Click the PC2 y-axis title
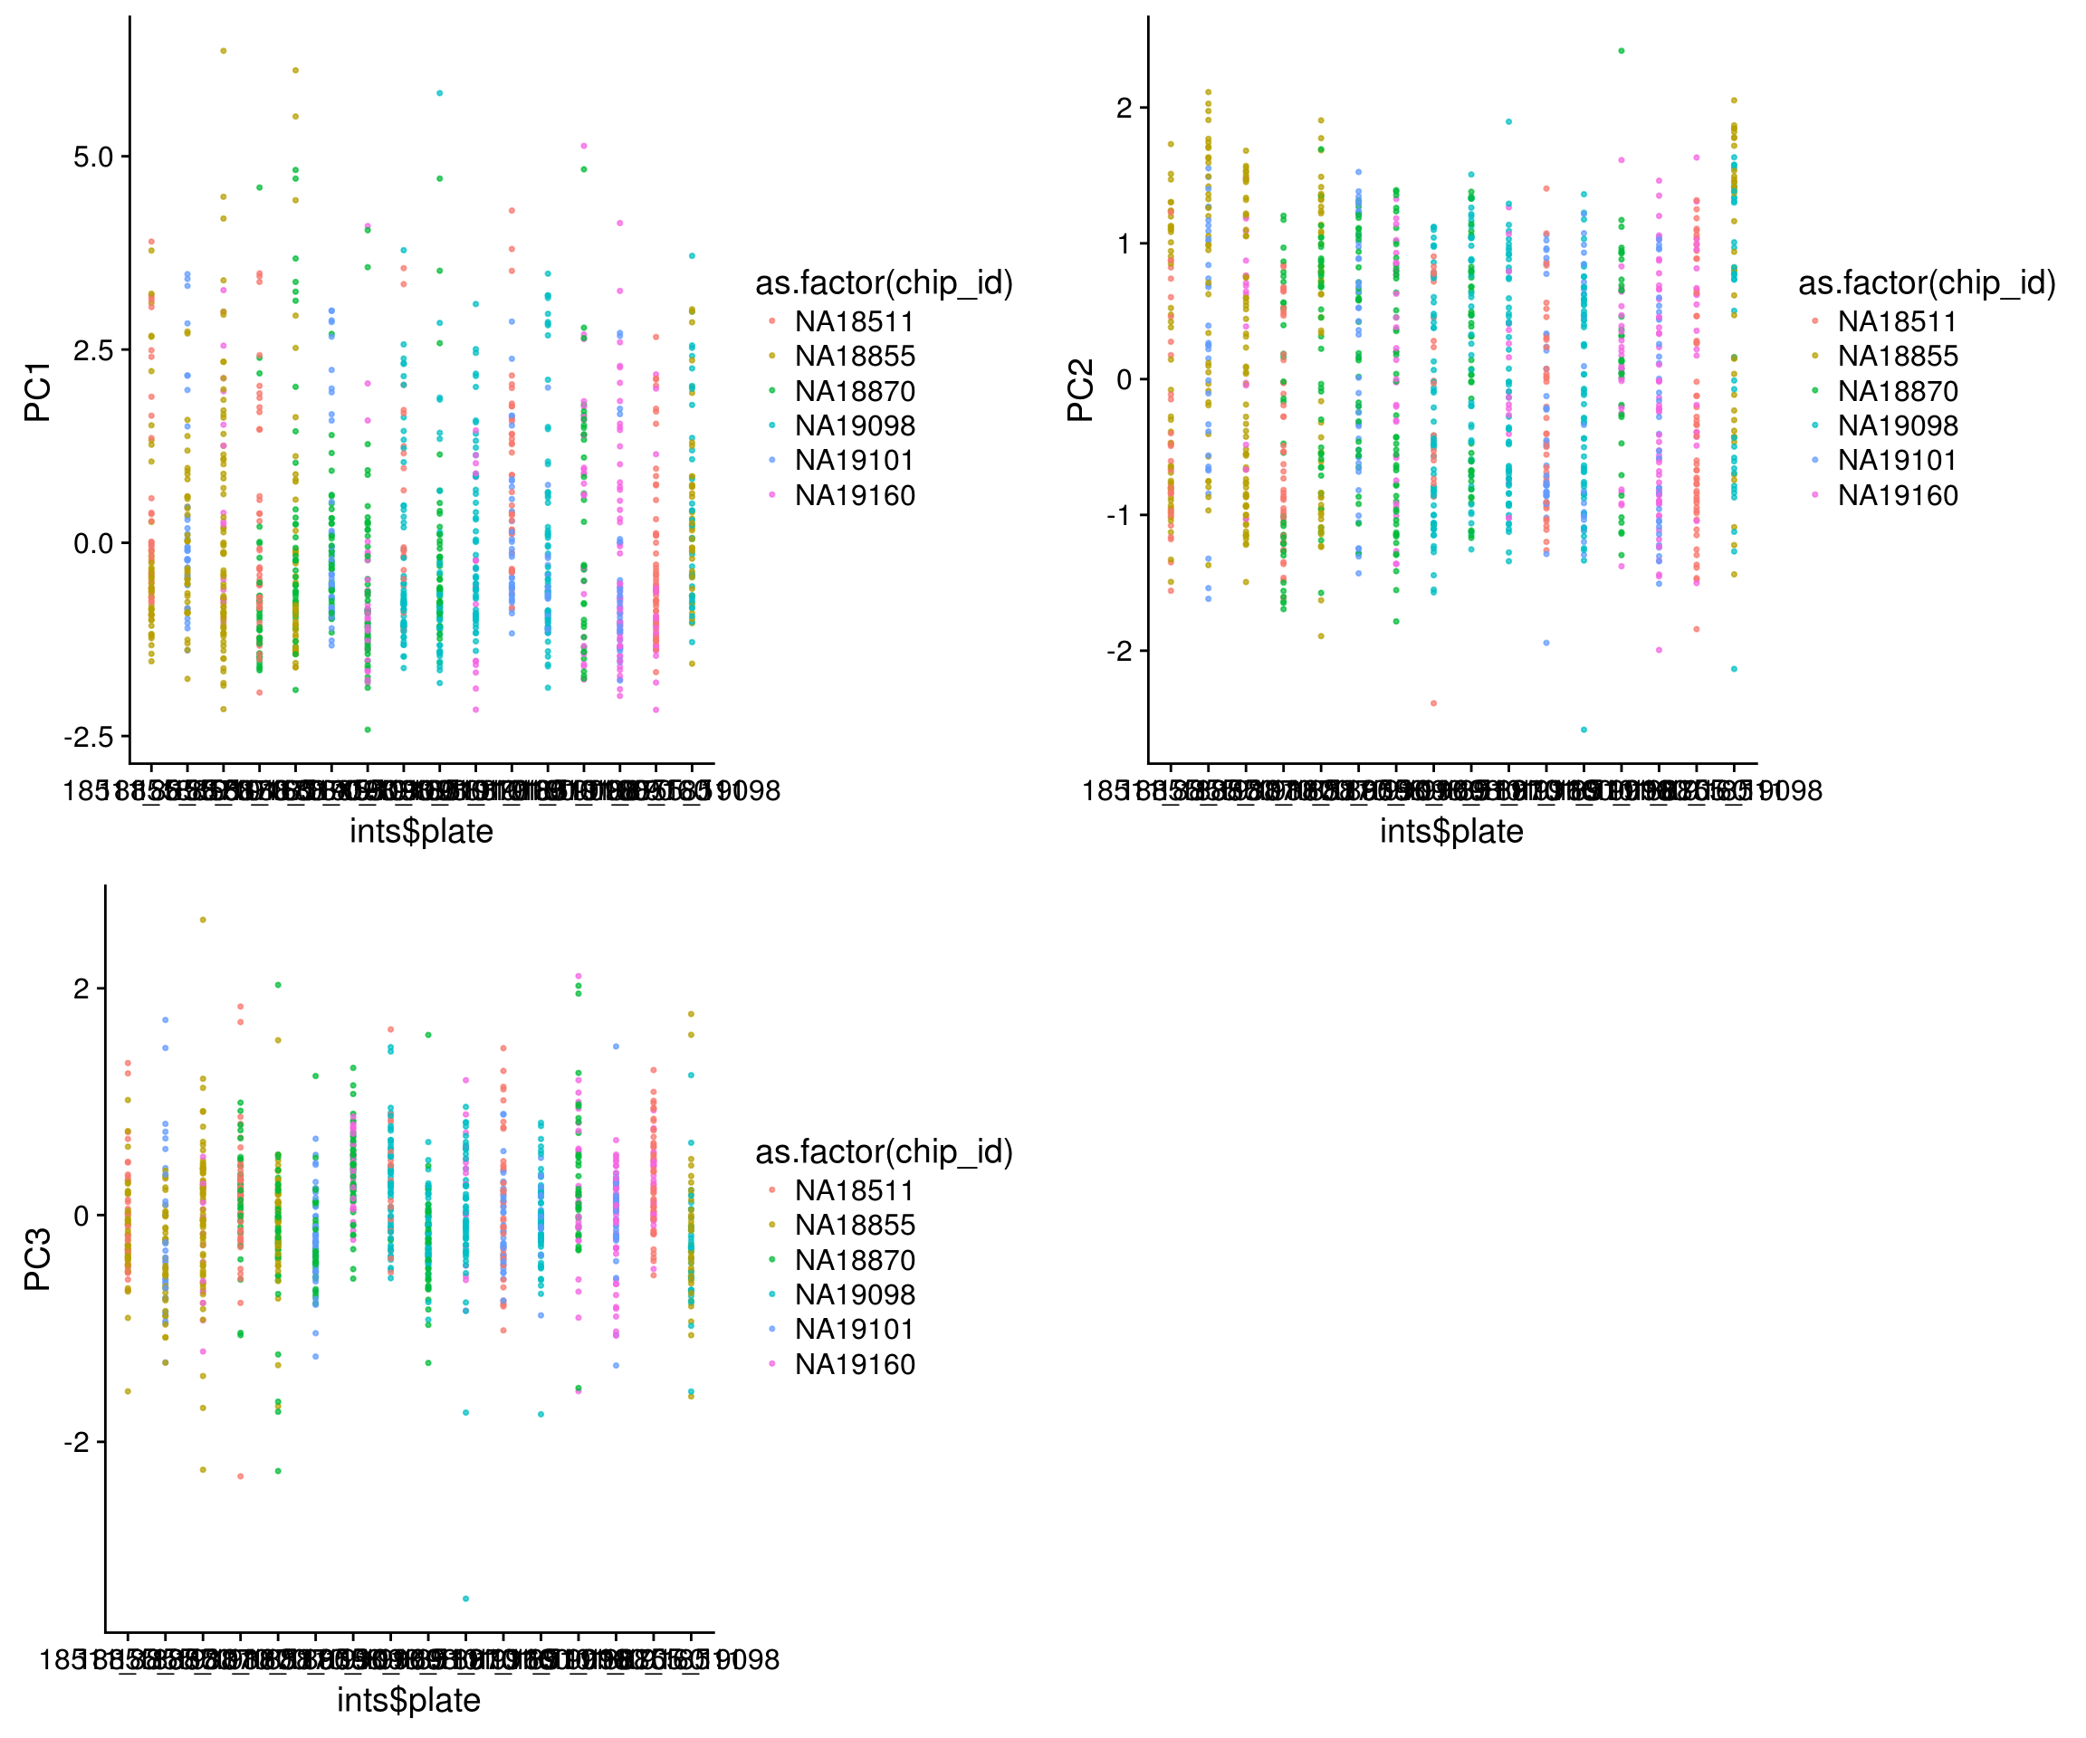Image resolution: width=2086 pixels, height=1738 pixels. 1080,390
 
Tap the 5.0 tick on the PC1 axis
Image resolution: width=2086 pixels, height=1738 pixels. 93,157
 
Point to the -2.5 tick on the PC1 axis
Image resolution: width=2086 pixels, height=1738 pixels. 90,737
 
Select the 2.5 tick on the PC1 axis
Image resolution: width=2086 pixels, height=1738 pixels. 93,350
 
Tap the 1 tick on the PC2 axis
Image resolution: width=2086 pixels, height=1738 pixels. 1124,244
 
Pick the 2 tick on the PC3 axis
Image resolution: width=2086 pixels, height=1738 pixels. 81,989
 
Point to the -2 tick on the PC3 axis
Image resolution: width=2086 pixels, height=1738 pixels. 78,1442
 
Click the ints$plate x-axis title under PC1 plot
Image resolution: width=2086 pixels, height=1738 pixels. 421,831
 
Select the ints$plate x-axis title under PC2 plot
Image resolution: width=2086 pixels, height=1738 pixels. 1451,831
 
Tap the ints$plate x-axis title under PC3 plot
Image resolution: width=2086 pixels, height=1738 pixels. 408,1700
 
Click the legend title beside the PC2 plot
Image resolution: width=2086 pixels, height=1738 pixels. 1926,283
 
